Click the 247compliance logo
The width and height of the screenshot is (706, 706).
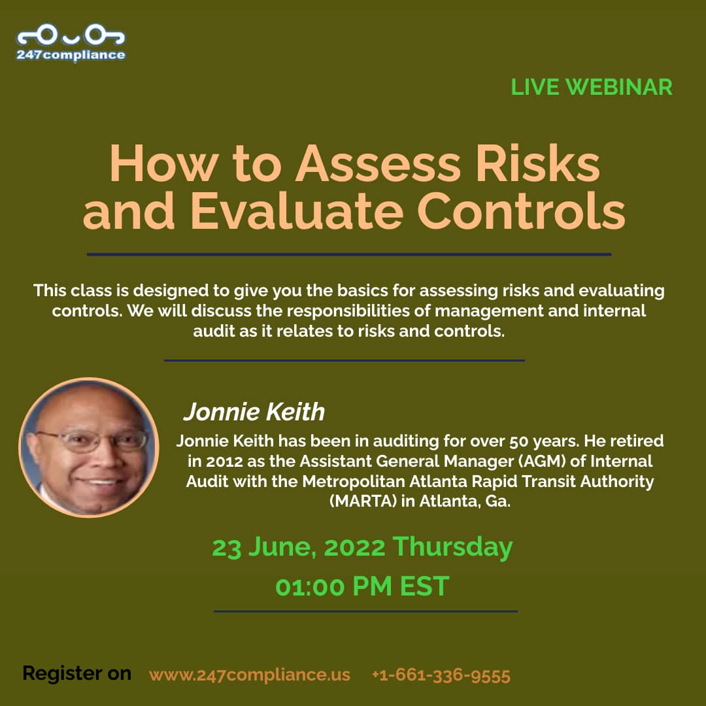coord(71,42)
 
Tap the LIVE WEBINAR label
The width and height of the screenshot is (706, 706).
coord(591,87)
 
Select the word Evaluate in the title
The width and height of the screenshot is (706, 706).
coord(297,210)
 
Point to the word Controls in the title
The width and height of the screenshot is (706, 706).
coord(522,210)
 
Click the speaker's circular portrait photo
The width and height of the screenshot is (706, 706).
coord(89,447)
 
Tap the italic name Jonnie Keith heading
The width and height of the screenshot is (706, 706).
coord(254,412)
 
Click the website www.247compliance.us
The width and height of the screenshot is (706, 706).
coord(250,675)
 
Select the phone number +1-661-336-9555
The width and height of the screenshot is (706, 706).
coord(441,675)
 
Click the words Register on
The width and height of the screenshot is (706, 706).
coord(77,673)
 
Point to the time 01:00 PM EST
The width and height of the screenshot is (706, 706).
coord(362,586)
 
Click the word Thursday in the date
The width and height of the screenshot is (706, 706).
coord(452,548)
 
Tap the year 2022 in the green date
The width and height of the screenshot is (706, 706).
coord(354,548)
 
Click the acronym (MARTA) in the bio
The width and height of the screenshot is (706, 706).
coord(363,501)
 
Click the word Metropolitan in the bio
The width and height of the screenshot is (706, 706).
coord(354,481)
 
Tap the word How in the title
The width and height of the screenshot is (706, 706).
coord(164,163)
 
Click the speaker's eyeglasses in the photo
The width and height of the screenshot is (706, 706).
coord(92,440)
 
